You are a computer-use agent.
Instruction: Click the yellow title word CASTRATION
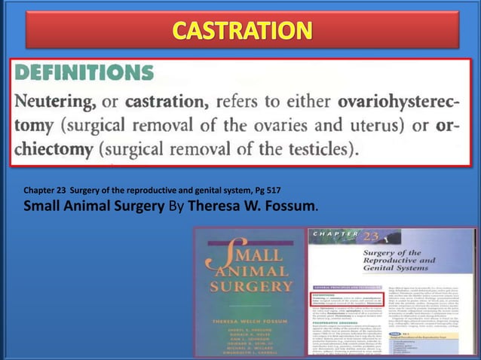(242, 32)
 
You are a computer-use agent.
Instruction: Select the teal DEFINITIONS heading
(84, 72)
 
